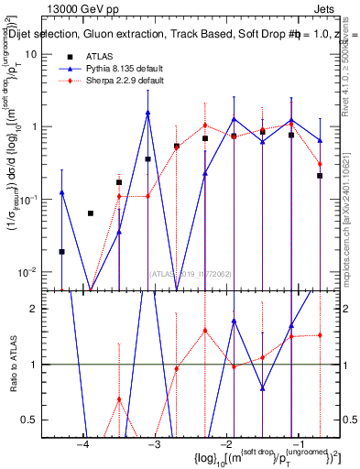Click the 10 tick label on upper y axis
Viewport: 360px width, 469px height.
coord(31,54)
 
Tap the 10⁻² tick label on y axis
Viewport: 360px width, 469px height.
coord(27,271)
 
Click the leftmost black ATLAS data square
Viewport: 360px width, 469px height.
coord(62,251)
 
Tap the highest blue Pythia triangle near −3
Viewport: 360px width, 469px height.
coord(147,114)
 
